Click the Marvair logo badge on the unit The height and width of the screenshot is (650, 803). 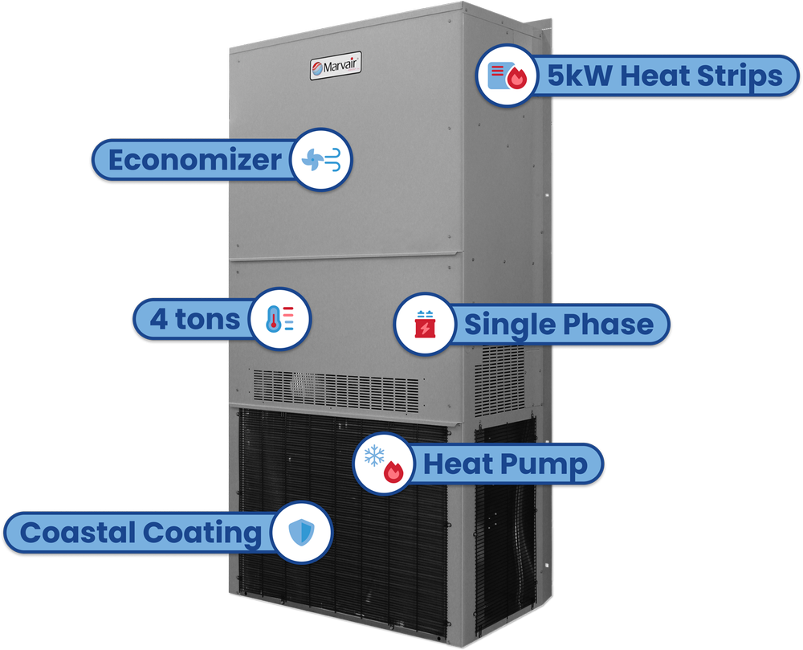(x=336, y=66)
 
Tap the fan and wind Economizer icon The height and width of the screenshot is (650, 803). (x=321, y=159)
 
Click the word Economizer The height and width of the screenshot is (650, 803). (x=194, y=160)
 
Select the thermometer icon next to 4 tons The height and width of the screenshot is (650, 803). (x=279, y=319)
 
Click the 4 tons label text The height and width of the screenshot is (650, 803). (x=194, y=319)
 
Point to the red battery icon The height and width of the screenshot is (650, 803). (x=425, y=325)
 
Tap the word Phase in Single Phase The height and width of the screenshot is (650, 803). (x=609, y=324)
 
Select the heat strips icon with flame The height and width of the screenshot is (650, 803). (x=507, y=76)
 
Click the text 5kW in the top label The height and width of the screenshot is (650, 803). (x=580, y=76)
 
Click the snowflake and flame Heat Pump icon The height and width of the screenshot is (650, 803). (x=384, y=464)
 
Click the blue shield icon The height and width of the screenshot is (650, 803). (x=301, y=532)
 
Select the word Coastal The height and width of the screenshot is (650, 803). (x=78, y=532)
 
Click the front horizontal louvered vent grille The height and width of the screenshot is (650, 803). (x=336, y=390)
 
